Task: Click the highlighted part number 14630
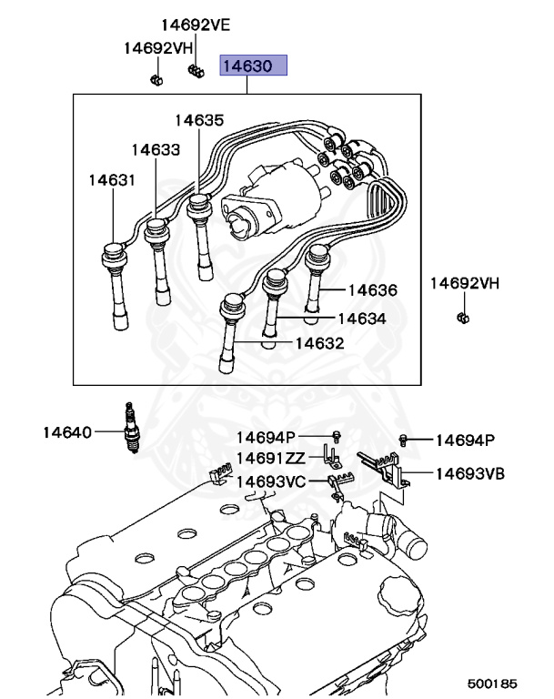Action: click(255, 66)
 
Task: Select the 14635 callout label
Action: click(199, 119)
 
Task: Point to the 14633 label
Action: click(155, 149)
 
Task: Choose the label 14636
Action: click(372, 290)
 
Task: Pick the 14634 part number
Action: click(361, 319)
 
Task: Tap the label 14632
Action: click(319, 343)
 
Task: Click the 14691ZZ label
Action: click(271, 459)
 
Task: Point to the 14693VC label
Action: click(271, 481)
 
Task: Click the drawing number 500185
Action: click(492, 681)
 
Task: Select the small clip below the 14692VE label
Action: click(195, 71)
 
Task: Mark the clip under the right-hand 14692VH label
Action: click(462, 318)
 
